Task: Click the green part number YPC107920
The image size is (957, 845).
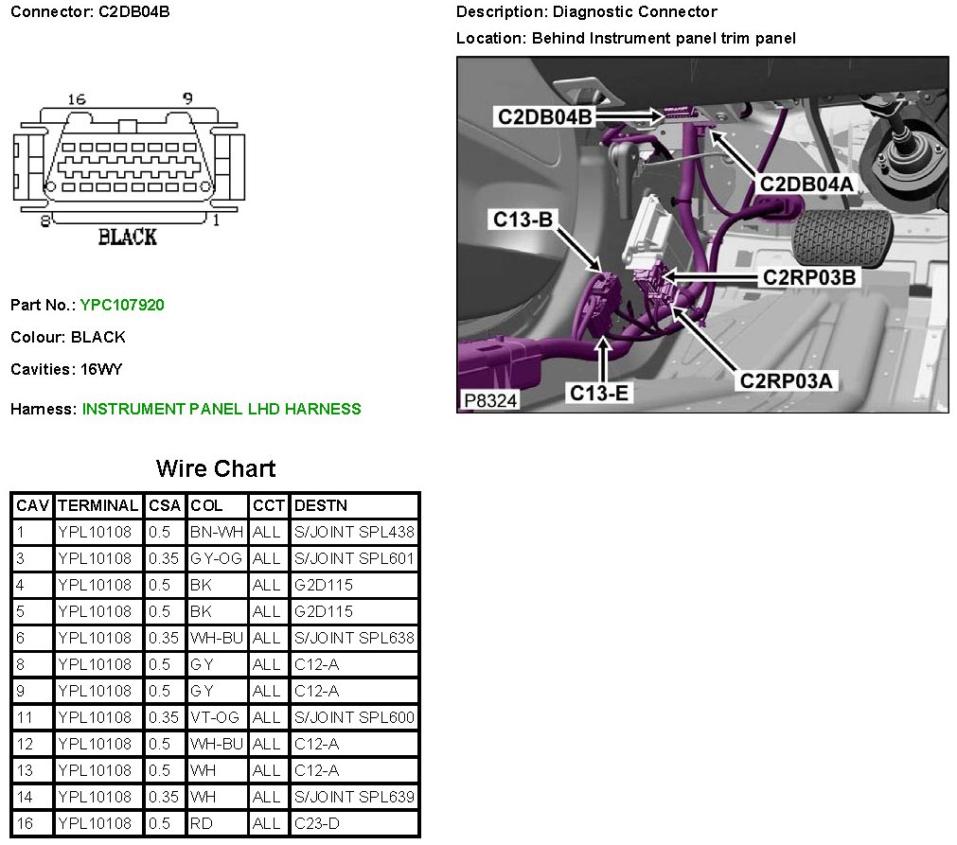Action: coord(122,305)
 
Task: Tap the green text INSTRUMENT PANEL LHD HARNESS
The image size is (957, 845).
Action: coord(222,409)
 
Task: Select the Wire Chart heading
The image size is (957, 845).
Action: coord(216,468)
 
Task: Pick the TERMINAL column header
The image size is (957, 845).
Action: coord(98,505)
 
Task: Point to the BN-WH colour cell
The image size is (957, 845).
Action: coord(217,532)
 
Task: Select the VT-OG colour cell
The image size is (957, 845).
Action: coord(215,717)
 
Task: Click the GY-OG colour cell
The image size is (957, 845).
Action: coord(216,558)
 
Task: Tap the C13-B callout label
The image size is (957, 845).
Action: coord(523,220)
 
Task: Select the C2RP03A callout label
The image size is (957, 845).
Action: coord(788,380)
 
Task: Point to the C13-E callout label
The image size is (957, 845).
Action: coord(599,392)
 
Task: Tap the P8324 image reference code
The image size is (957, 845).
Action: coord(490,401)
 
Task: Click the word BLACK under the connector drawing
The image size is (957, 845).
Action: coord(128,237)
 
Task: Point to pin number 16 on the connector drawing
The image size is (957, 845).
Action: coord(77,99)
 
